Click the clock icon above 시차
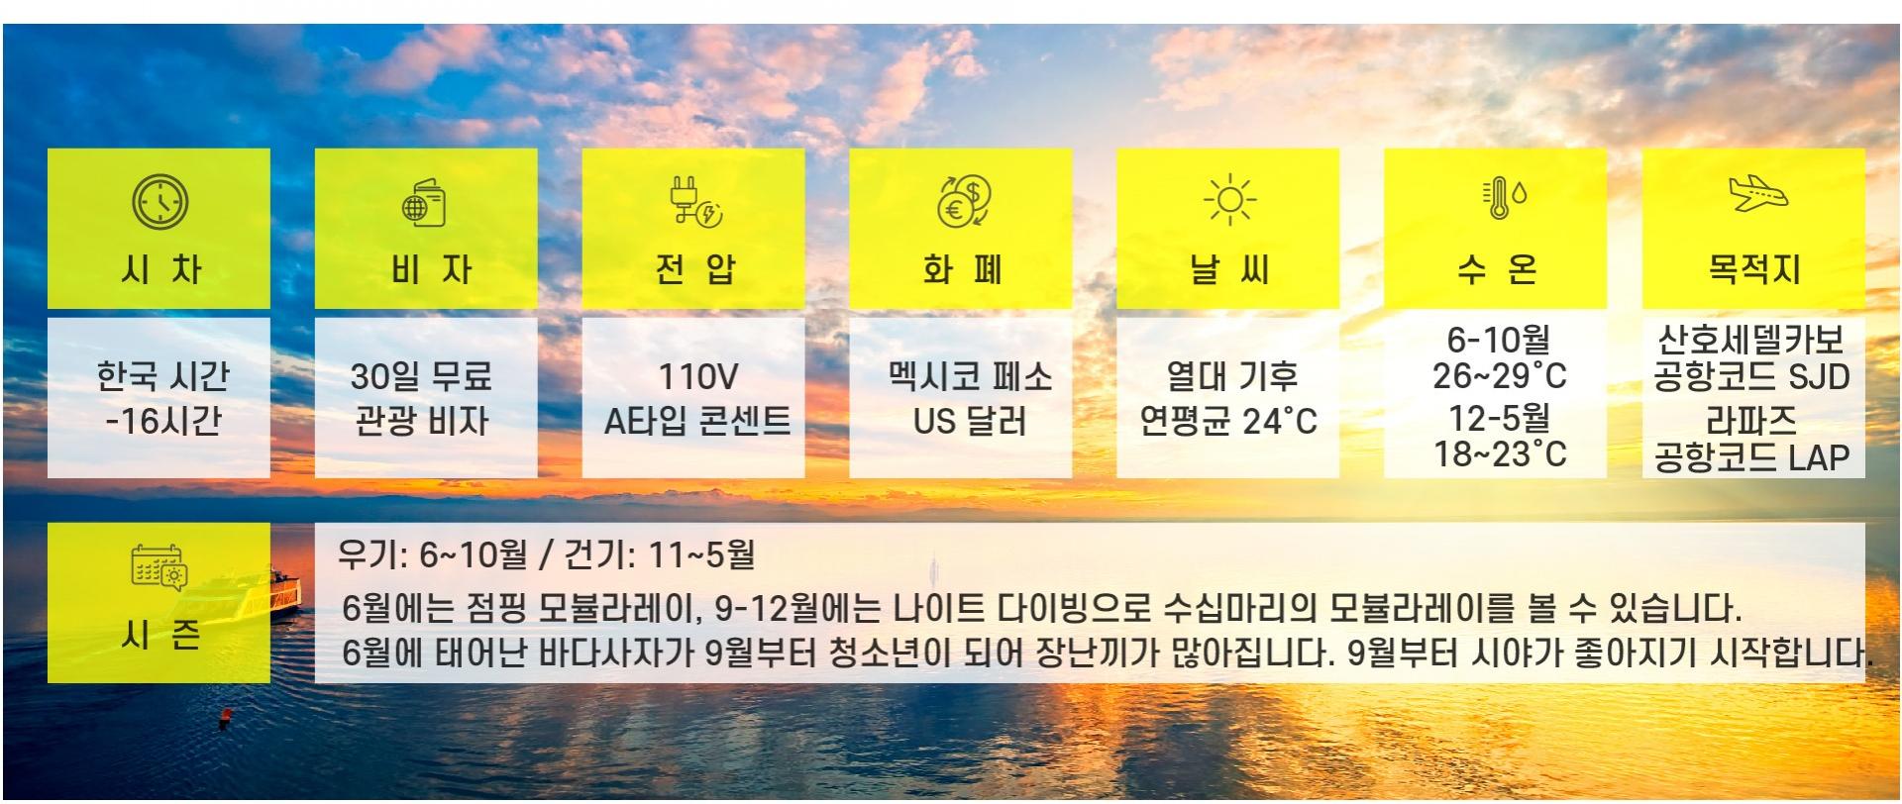(159, 202)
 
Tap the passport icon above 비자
(424, 203)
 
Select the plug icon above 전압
(694, 202)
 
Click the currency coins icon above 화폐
(963, 202)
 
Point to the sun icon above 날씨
(1229, 201)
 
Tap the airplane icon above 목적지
(1758, 194)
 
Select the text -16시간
(162, 422)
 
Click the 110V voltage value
(698, 377)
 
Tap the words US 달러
(970, 422)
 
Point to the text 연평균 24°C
(1228, 422)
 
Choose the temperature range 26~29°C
(1500, 377)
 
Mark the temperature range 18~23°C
(1500, 454)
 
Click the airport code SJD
(1820, 377)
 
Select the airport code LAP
(1820, 457)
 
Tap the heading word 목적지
(1754, 268)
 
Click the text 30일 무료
(421, 377)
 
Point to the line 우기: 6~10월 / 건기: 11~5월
(546, 554)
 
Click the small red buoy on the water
(226, 715)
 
